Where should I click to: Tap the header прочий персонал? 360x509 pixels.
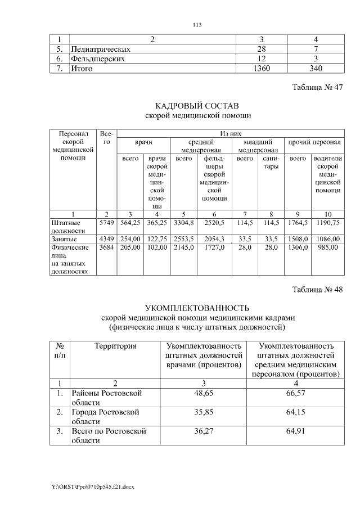[314, 143]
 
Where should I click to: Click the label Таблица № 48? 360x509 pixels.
[317, 290]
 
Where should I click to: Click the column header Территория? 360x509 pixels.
[115, 346]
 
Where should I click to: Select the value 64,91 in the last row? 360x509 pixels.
[299, 431]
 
